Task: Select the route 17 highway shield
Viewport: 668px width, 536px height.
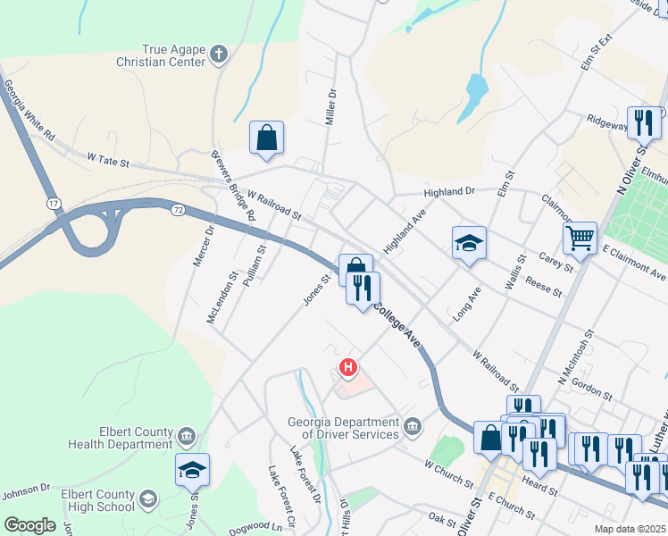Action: pos(54,205)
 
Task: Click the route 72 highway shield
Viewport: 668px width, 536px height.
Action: pos(178,209)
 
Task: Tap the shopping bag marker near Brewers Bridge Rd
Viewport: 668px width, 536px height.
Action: pos(267,138)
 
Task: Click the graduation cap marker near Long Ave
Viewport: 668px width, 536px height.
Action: pos(469,243)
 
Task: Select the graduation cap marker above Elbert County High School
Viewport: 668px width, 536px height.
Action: pos(192,470)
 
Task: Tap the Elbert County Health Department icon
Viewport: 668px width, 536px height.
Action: pos(186,438)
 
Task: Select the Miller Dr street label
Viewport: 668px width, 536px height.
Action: pos(330,105)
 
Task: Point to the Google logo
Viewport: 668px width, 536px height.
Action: pos(29,525)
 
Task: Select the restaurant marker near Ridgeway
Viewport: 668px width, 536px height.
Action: pos(644,121)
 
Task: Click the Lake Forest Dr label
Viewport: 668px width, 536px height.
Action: pos(306,473)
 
